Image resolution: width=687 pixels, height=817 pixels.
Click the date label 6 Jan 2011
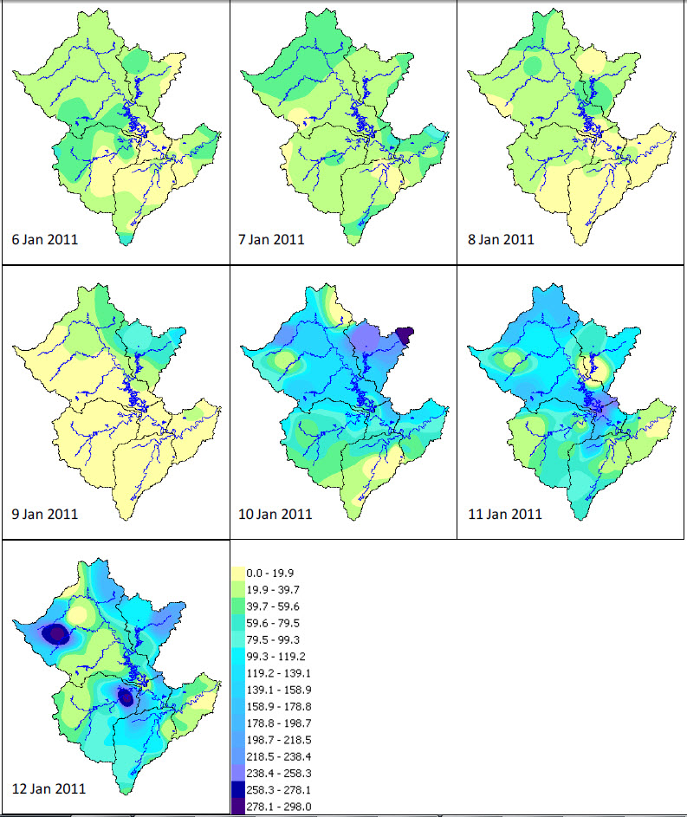(45, 239)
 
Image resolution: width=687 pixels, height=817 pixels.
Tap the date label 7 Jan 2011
(271, 239)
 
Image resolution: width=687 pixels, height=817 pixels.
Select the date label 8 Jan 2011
(501, 239)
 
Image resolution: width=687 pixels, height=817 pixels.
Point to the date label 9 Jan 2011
(45, 514)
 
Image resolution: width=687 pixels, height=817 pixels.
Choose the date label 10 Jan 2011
(275, 514)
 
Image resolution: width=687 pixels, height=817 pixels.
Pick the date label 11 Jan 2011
(505, 514)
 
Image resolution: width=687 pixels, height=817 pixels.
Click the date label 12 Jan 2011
(49, 788)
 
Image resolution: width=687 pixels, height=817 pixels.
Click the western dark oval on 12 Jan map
(57, 634)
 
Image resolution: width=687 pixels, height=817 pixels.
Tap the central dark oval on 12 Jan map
(126, 697)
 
